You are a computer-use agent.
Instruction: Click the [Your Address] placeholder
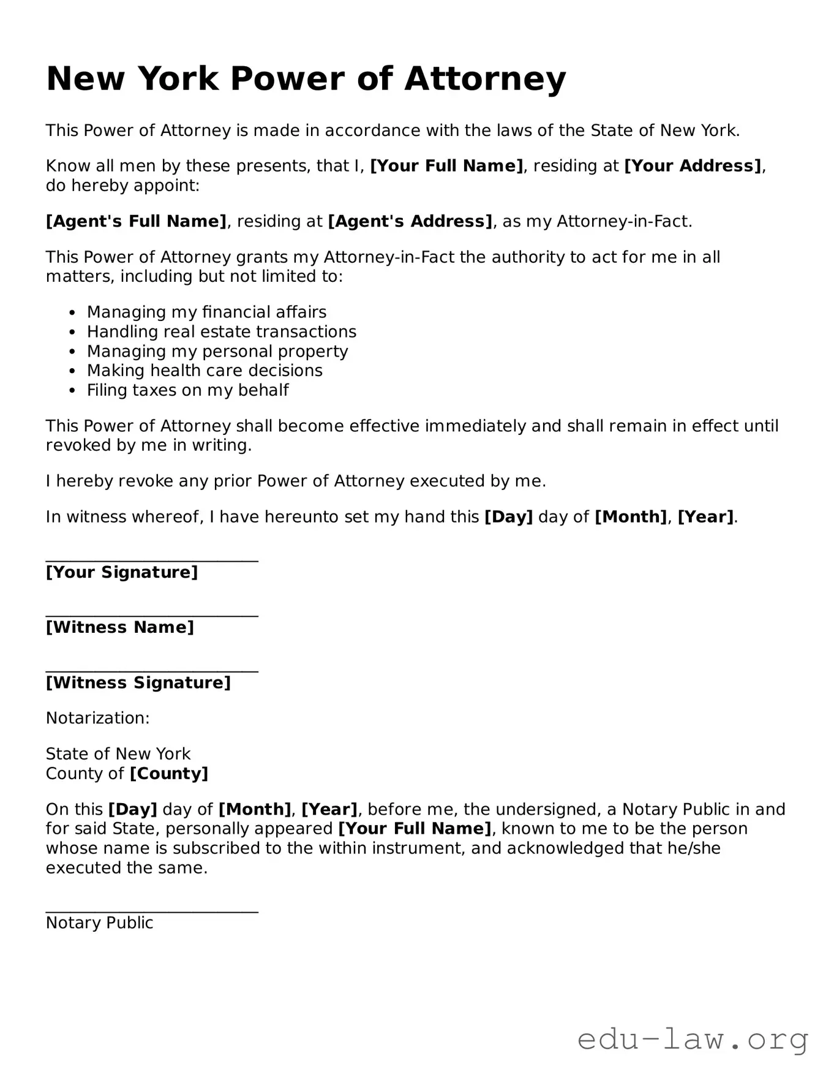[x=693, y=166]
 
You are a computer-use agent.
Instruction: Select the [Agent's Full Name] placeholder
[x=136, y=221]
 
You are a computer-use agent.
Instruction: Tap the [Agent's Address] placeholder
[x=410, y=221]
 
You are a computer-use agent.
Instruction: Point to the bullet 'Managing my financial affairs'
[x=206, y=312]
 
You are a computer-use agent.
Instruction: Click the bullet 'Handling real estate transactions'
[x=221, y=331]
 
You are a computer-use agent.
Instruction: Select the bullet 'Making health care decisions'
[x=205, y=371]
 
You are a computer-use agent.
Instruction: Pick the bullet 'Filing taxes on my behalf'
[x=187, y=390]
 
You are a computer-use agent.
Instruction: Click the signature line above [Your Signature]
[x=152, y=559]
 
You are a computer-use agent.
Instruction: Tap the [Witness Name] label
[x=120, y=627]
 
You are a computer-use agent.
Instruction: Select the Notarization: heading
[x=98, y=718]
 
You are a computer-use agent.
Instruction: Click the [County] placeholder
[x=169, y=774]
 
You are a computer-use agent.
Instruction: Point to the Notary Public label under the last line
[x=99, y=923]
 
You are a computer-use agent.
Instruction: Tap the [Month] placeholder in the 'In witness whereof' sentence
[x=631, y=517]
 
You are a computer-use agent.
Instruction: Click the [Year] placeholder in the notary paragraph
[x=329, y=809]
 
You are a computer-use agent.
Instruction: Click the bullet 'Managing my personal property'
[x=217, y=351]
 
